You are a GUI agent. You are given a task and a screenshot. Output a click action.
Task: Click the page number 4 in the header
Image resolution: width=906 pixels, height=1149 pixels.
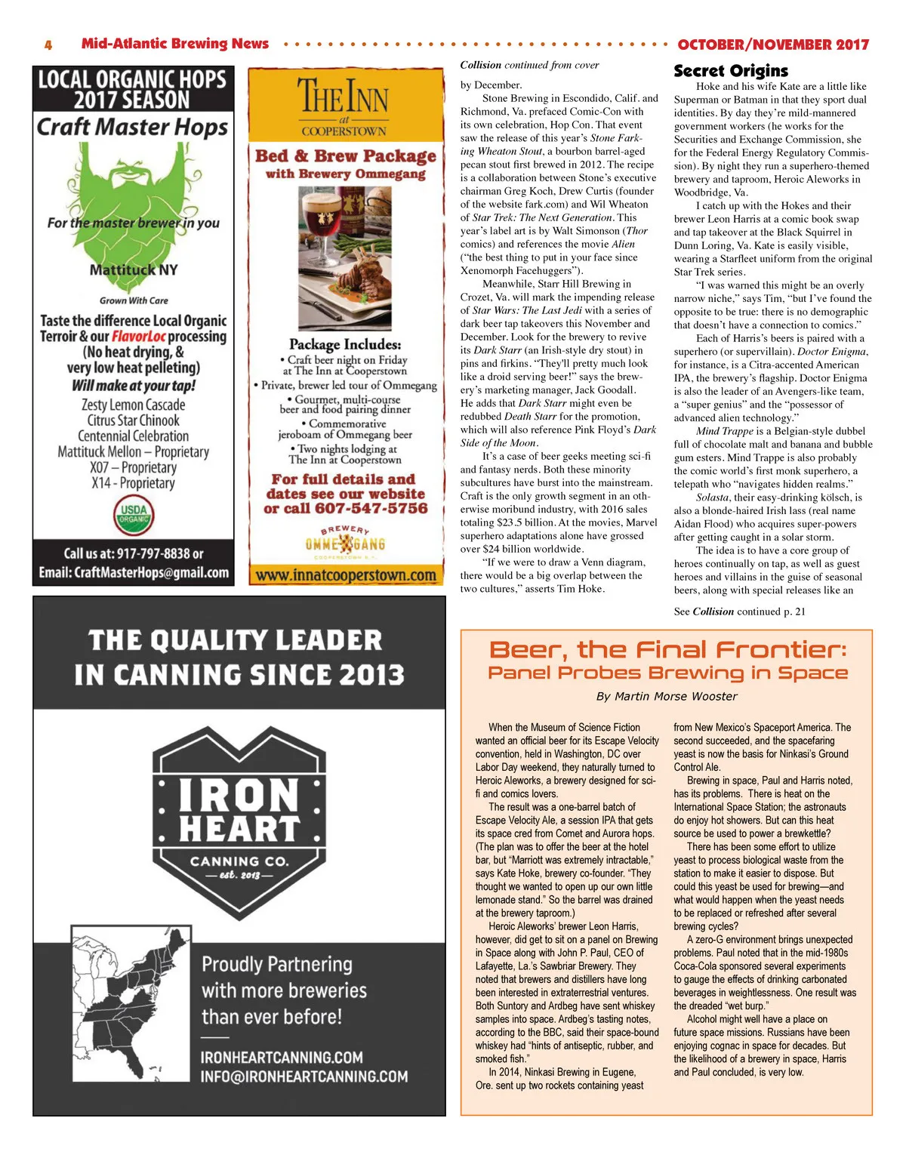[48, 45]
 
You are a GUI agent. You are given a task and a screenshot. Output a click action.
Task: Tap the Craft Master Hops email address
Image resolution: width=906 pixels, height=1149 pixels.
[134, 573]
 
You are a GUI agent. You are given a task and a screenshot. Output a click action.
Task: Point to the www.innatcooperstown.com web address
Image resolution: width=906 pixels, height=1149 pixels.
[346, 575]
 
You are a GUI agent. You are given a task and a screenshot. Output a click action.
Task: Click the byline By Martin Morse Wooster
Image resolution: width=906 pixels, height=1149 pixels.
[667, 696]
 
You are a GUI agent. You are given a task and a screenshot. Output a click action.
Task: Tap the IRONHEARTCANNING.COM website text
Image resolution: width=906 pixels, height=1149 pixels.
[282, 1057]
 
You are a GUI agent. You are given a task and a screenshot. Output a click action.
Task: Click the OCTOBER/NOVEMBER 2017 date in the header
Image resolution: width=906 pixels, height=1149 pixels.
[773, 45]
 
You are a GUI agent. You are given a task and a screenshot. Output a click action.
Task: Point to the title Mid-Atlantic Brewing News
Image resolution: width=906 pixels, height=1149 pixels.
[175, 44]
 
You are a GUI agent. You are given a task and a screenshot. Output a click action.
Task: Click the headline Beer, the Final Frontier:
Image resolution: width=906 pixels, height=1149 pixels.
[667, 650]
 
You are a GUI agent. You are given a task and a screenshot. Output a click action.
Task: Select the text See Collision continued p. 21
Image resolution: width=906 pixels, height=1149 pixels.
[739, 611]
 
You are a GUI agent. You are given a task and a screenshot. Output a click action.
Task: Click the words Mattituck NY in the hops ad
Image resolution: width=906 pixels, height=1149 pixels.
[134, 270]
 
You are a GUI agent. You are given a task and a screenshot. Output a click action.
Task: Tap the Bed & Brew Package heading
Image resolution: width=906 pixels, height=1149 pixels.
[346, 156]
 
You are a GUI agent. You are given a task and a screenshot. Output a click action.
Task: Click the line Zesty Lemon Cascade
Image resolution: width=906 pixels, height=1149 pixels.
[134, 405]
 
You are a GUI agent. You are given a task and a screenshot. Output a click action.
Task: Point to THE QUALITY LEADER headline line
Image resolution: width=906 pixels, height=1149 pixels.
[236, 641]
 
